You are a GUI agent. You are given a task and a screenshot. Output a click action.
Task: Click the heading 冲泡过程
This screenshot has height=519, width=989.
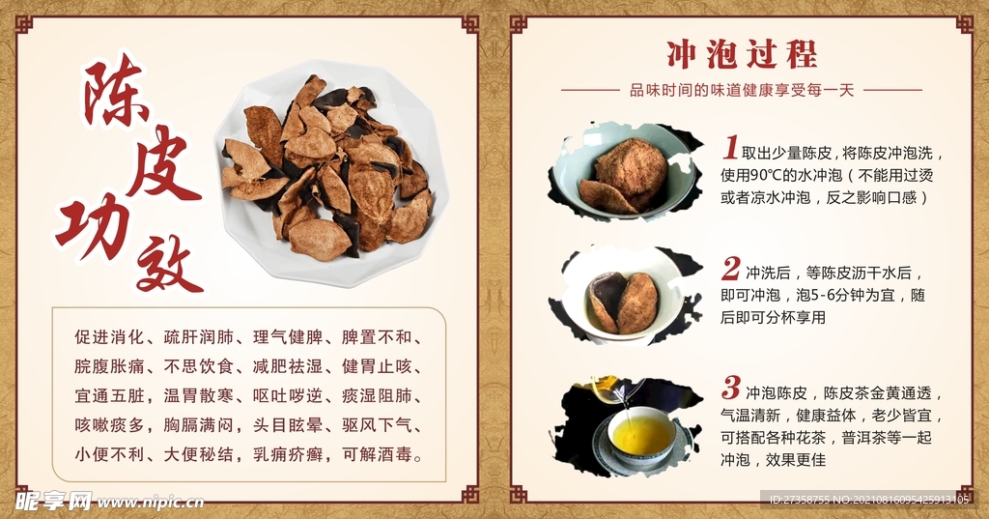tap(741, 53)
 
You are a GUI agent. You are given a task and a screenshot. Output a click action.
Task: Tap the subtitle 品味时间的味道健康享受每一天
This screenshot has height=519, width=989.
tap(742, 90)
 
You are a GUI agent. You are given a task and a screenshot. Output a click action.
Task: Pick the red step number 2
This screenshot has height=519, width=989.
tap(731, 268)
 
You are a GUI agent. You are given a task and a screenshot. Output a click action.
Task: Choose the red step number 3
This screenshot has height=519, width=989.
tap(731, 389)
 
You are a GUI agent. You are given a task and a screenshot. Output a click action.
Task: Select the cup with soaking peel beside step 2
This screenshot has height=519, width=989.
tap(623, 294)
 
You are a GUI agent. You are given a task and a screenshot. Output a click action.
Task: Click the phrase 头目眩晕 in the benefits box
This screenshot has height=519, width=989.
tap(287, 425)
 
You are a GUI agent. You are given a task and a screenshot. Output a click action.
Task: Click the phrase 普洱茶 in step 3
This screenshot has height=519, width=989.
tap(874, 438)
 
